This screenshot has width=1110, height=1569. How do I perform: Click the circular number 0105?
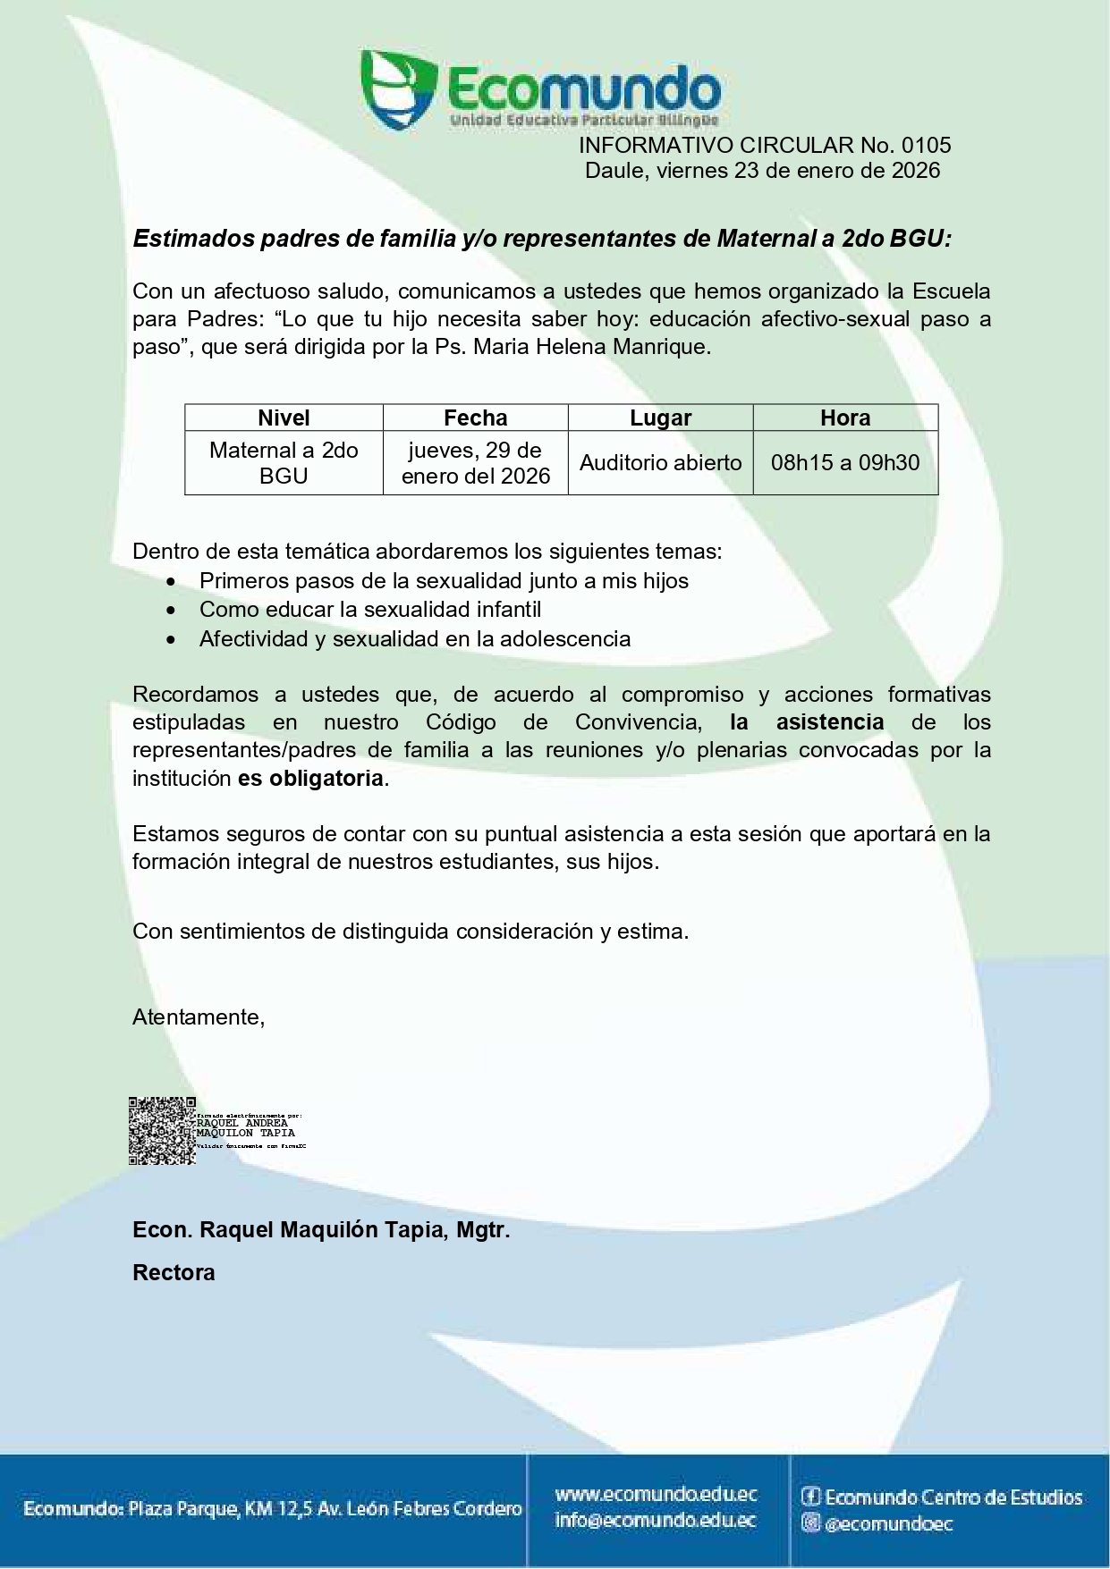point(927,145)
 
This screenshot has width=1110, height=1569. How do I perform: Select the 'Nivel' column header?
point(284,418)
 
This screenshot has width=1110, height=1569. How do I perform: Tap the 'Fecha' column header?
point(476,418)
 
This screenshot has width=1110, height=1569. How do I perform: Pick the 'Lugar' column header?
point(660,418)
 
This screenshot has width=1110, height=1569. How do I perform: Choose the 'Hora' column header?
point(845,418)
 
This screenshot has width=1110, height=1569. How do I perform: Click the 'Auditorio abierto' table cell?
point(660,463)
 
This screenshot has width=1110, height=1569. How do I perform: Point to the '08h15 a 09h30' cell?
point(845,463)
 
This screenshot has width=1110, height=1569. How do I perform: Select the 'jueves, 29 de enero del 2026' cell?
point(476,463)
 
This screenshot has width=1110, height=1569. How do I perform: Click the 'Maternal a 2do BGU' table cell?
point(284,463)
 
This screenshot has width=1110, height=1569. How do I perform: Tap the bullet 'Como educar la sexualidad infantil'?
point(370,610)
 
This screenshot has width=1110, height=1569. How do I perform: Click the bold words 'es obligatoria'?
point(310,779)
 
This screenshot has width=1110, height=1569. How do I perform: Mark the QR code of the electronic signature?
point(162,1131)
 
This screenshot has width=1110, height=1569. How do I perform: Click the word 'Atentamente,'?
point(199,1017)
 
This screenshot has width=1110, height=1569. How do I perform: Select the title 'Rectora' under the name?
point(174,1272)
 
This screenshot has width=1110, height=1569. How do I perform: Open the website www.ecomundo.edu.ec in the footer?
point(656,1494)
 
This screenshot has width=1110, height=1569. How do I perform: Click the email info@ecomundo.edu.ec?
point(656,1520)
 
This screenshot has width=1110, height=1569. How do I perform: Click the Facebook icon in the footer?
point(810,1497)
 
